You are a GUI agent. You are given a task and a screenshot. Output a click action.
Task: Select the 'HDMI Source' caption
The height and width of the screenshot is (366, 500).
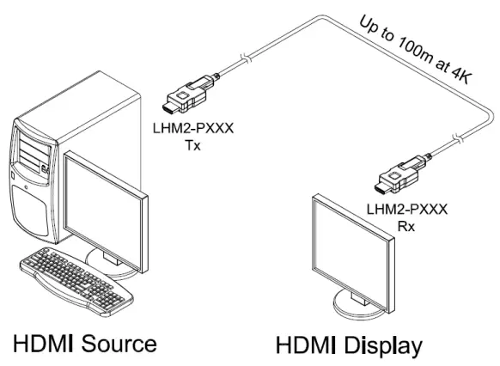click(84, 344)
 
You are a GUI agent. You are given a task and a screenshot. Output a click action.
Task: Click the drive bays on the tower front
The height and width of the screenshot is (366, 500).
click(30, 155)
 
